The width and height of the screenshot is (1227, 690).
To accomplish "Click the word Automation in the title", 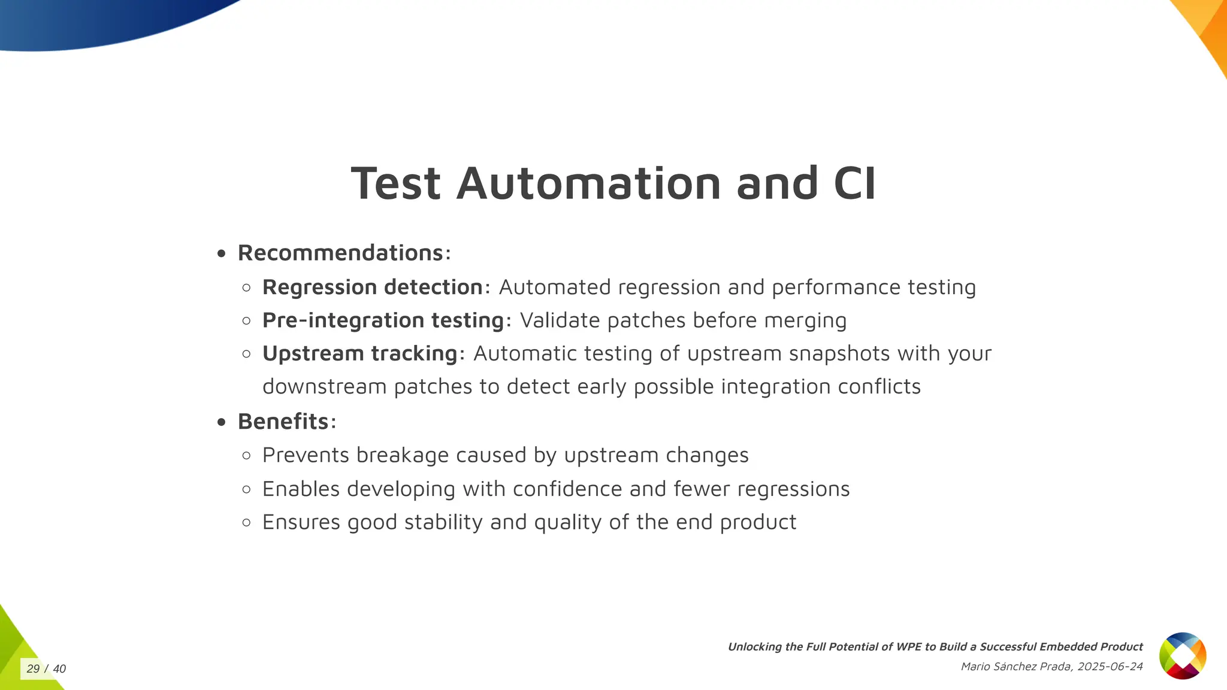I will click(x=588, y=183).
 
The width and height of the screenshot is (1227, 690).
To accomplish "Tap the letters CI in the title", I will click(x=854, y=183).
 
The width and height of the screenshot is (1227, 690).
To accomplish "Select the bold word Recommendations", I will click(x=340, y=253).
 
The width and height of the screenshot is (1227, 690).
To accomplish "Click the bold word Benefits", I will click(x=283, y=422).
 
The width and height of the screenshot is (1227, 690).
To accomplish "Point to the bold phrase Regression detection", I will click(x=372, y=287).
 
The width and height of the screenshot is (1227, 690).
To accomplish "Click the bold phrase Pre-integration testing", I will click(x=383, y=320).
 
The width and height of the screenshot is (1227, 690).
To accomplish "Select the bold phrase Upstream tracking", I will click(x=359, y=353).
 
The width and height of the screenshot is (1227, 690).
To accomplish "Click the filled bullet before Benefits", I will click(x=222, y=422).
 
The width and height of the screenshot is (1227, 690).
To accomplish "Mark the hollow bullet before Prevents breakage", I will click(x=246, y=456).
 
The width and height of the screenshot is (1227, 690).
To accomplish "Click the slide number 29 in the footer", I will click(x=33, y=669).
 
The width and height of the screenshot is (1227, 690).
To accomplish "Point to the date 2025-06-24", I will click(x=1110, y=667).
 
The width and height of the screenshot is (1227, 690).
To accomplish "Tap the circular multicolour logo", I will click(x=1182, y=655).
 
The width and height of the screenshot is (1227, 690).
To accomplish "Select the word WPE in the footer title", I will click(x=909, y=647).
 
